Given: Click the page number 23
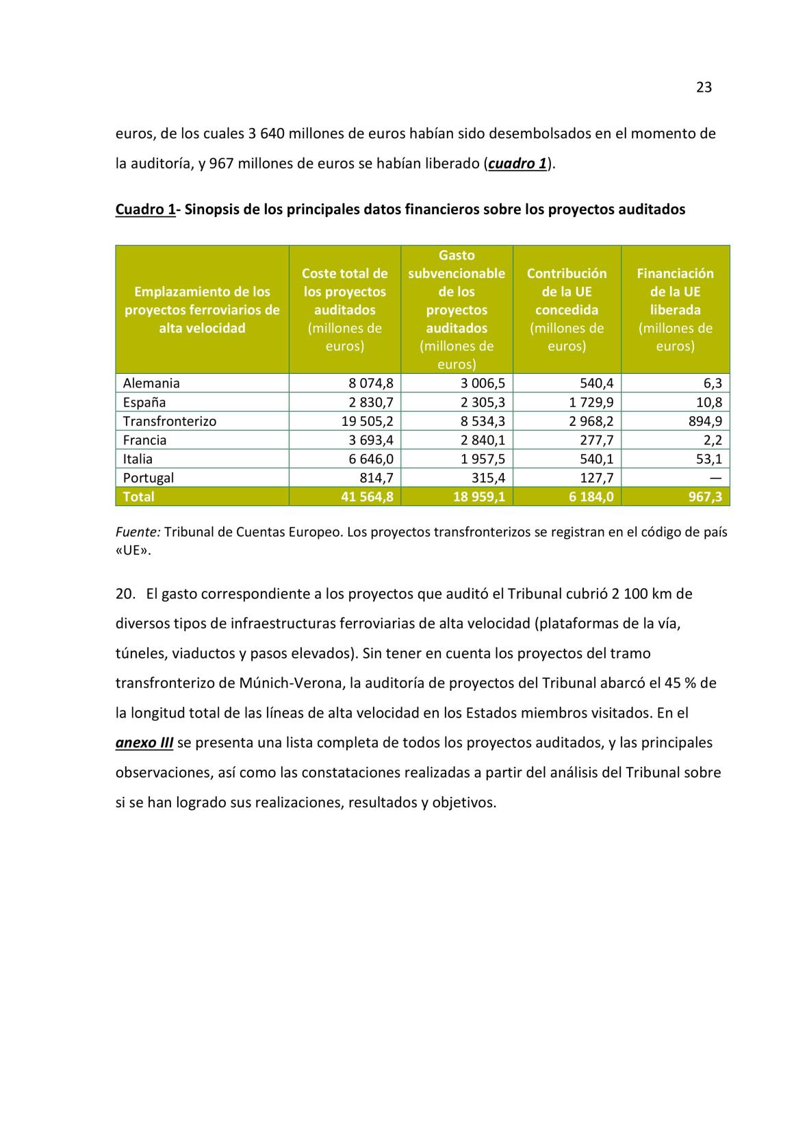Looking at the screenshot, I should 704,88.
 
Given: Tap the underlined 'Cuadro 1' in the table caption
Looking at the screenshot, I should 145,210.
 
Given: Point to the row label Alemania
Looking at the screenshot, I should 151,383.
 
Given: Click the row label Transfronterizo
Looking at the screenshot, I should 169,421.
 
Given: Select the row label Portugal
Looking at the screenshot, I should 148,478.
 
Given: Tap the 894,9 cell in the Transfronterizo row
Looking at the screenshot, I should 705,421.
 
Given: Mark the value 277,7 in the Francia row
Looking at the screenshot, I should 595,440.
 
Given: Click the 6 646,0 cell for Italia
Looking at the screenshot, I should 371,459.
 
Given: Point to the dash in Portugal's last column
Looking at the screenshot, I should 715,478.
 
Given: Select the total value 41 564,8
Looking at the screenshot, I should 367,497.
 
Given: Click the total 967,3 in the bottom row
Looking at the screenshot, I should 705,497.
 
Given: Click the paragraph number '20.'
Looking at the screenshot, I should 125,594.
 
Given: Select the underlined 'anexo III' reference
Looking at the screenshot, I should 144,743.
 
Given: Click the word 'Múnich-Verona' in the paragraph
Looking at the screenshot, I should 292,683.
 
